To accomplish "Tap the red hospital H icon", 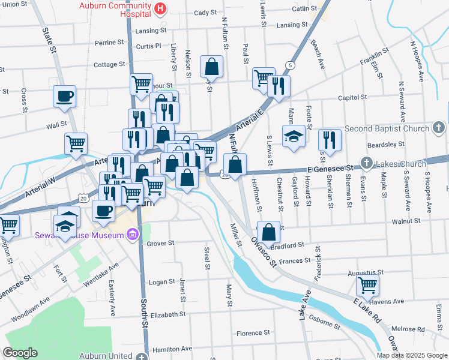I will point(160,8).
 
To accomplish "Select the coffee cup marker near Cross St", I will point(65,96).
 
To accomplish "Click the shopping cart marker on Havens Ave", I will point(367,284).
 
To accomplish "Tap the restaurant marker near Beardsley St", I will point(330,140).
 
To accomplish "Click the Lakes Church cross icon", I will point(366,162).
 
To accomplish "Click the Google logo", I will point(20,353).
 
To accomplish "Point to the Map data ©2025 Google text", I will point(412,355).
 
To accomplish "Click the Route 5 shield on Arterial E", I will point(291,65).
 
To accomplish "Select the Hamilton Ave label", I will point(172,348).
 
